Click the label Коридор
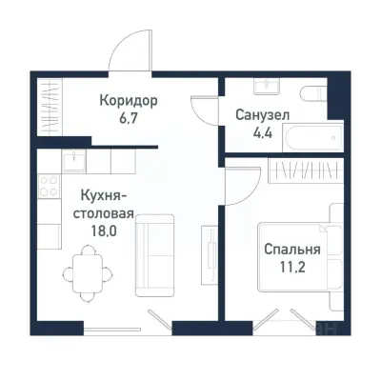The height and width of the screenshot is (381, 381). coord(129,100)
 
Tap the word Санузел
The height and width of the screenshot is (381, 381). coord(262,114)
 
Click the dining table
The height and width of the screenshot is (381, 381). coord(85,268)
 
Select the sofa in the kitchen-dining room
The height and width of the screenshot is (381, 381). coord(154,254)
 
